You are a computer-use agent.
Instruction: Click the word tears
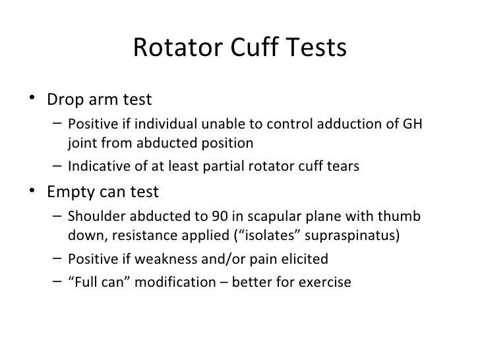tap(343, 166)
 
